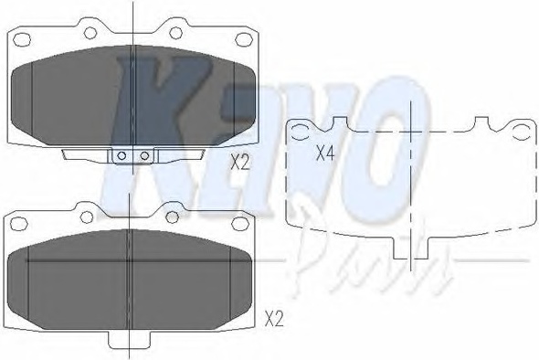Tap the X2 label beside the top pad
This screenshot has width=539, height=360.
click(x=239, y=162)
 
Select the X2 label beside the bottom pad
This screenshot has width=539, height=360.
click(x=274, y=319)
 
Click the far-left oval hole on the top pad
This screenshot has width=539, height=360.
click(x=22, y=39)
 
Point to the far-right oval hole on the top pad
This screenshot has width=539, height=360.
click(x=244, y=39)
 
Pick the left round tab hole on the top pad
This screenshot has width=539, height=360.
click(x=90, y=33)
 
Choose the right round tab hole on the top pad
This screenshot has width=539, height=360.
click(x=175, y=33)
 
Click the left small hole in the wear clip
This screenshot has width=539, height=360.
click(x=122, y=155)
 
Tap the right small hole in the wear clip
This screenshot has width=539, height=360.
click(x=144, y=155)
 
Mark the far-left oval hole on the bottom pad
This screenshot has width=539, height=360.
click(x=18, y=224)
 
